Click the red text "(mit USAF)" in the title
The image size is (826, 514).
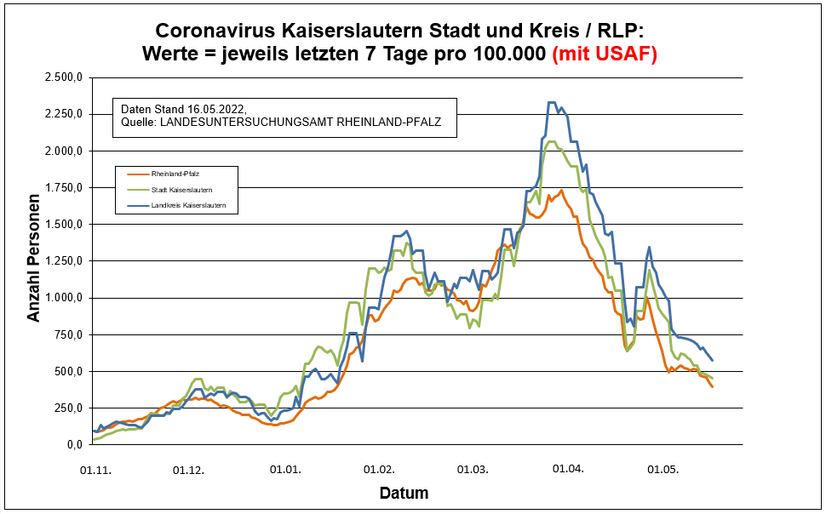pos(605,54)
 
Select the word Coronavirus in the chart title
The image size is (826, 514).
pos(227,31)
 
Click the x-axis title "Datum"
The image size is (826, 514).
pos(404,493)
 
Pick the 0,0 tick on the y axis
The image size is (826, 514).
pos(74,445)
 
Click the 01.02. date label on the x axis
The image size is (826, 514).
pos(377,470)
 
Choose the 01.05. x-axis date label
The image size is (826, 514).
pos(661,470)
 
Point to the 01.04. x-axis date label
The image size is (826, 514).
pos(567,470)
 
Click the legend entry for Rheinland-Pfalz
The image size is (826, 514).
pos(175,174)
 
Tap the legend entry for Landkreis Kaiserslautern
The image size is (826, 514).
pos(188,206)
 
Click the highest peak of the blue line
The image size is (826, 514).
pos(552,103)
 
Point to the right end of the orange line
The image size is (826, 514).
pos(712,387)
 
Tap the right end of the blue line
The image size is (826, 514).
pos(712,360)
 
